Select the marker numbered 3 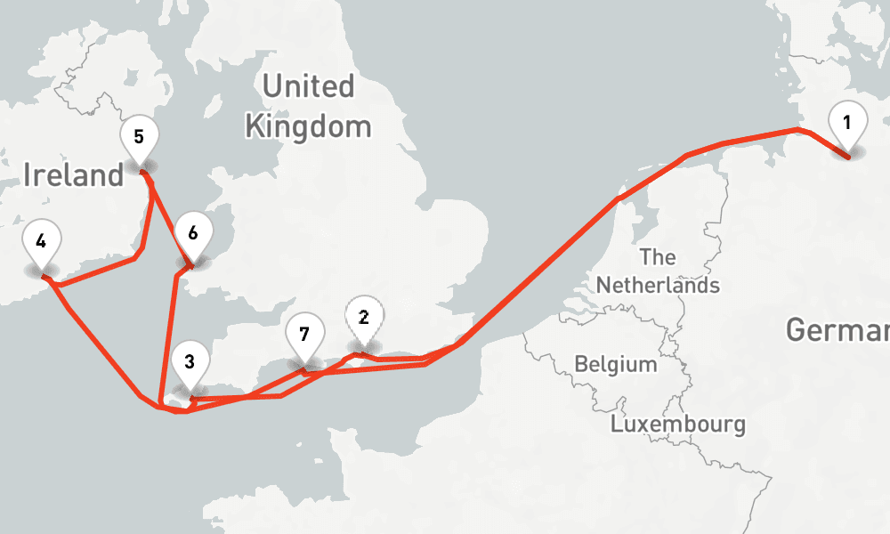(190, 366)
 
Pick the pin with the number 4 (41, 245)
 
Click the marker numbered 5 (139, 141)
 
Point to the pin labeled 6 (193, 238)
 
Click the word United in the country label (308, 86)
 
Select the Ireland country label (73, 174)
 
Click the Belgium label (616, 364)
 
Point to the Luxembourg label (678, 424)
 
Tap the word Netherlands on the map (658, 285)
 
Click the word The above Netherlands (658, 257)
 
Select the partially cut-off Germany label (837, 331)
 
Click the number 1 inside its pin (847, 122)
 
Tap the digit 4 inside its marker (41, 240)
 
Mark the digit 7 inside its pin (304, 335)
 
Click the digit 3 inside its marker (190, 361)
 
